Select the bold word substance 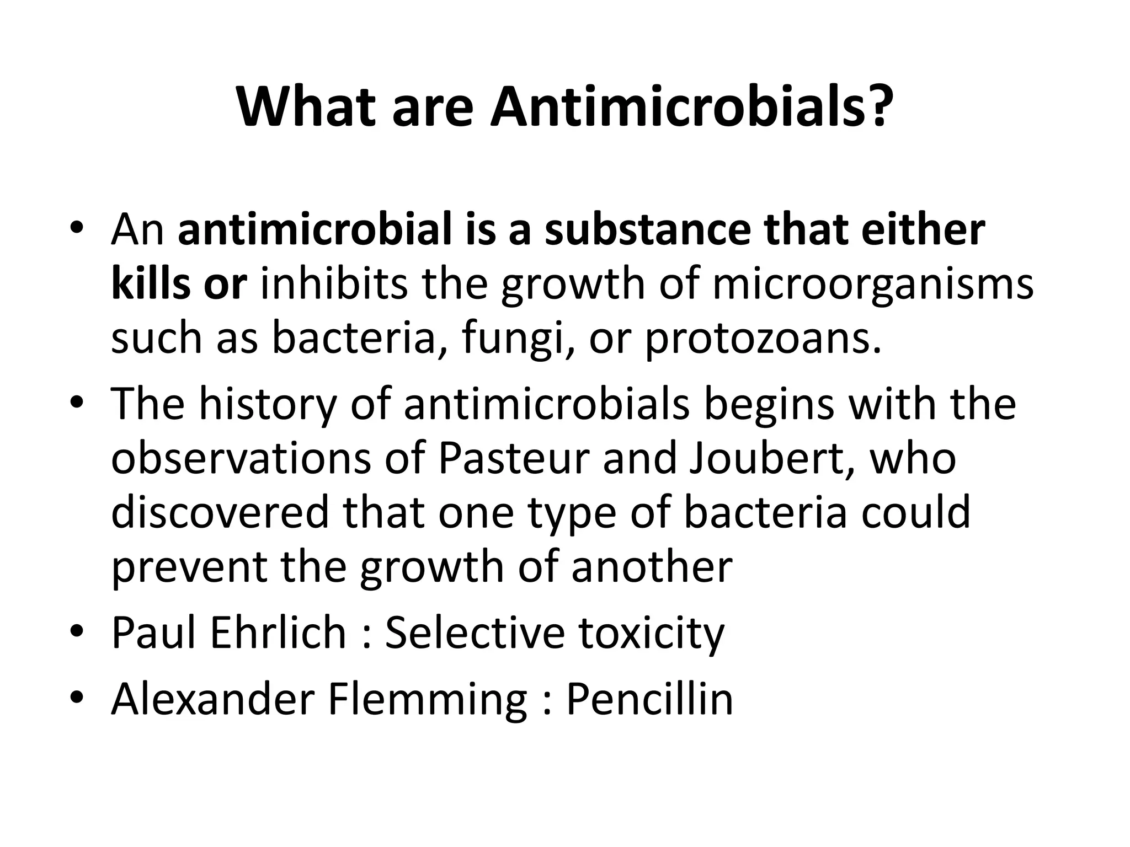click(x=647, y=230)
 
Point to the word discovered click(x=220, y=512)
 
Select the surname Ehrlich click(x=278, y=632)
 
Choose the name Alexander click(x=212, y=699)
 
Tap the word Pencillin click(x=649, y=699)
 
